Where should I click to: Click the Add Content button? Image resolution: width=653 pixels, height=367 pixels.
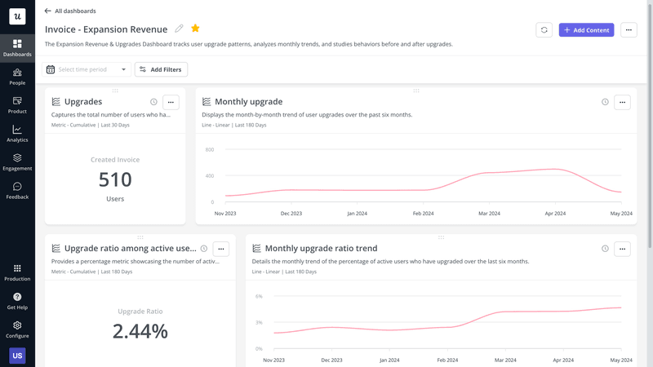pos(586,30)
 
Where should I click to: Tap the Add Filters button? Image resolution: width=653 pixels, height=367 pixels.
pos(161,70)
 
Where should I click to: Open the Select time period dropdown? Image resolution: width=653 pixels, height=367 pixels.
pos(87,70)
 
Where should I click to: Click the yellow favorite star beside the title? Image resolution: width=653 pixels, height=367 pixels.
pos(195,29)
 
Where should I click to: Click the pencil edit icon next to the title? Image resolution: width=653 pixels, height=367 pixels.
pos(180,29)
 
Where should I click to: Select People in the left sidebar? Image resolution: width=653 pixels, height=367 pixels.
pos(17,77)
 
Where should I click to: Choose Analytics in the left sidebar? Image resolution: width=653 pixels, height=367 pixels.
pos(17,134)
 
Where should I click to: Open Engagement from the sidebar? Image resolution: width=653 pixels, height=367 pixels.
pos(17,162)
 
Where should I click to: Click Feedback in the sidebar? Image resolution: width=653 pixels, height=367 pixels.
pos(17,191)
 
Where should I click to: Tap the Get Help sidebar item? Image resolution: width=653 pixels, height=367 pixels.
pos(17,301)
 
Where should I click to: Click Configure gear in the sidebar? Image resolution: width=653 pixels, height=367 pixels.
pos(17,329)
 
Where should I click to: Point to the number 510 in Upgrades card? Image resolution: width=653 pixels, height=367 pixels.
pos(115,179)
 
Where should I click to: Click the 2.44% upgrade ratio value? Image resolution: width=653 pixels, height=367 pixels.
pos(140,331)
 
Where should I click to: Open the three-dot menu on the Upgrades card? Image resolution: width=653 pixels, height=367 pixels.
pos(171,102)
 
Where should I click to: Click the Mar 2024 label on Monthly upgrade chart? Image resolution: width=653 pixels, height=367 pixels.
pos(489,214)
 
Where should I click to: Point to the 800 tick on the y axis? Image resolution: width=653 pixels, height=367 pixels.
pos(209,150)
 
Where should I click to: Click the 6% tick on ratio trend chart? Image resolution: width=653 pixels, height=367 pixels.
pos(259,297)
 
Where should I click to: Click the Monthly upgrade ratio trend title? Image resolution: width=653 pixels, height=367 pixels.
pos(321,249)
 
